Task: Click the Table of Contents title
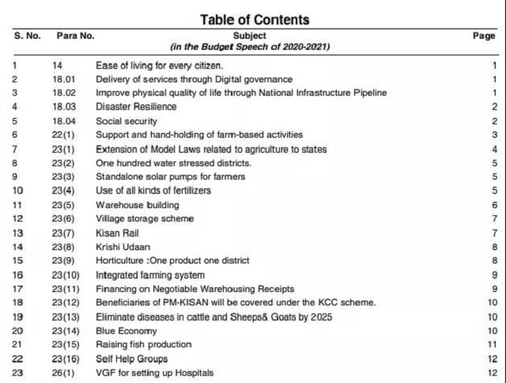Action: [x=254, y=19]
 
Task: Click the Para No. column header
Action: [x=75, y=36]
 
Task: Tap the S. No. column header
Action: [x=28, y=36]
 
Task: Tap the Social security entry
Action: [x=126, y=121]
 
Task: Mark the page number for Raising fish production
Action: [x=491, y=344]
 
